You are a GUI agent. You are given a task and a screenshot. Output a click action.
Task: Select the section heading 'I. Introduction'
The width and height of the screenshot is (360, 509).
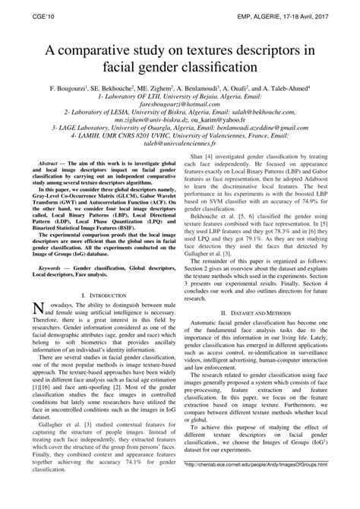(99, 294)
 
